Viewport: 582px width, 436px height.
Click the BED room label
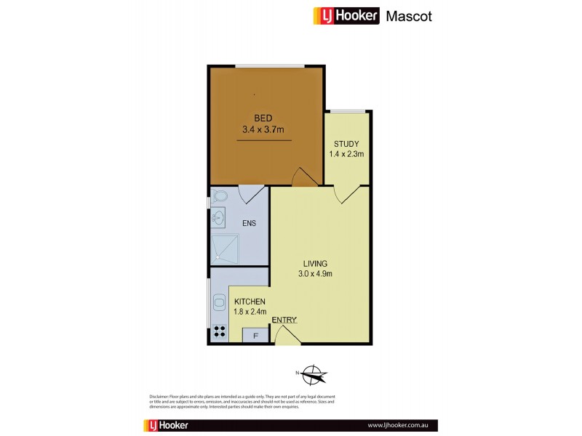263,118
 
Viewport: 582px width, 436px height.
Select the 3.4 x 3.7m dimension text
263,130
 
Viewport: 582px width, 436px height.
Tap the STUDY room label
346,143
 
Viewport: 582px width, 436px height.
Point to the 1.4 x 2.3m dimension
346,154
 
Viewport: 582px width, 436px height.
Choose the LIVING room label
315,262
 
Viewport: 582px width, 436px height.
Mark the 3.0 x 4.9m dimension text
315,274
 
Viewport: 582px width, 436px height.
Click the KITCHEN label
249,302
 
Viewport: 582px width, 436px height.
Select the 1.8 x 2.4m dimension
249,312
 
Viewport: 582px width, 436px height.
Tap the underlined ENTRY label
284,320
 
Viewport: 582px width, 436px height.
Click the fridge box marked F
255,336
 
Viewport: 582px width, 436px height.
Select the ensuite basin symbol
218,217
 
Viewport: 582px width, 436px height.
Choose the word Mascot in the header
408,16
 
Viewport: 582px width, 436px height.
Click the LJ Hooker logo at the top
346,16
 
